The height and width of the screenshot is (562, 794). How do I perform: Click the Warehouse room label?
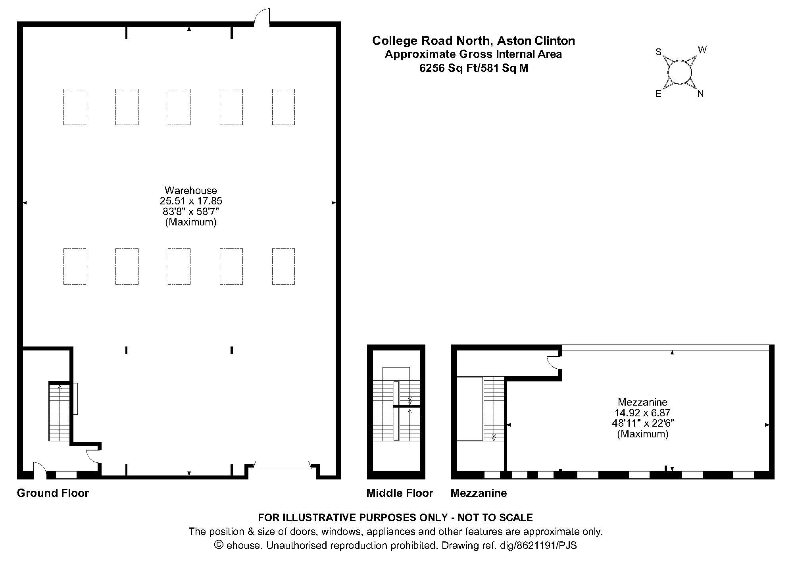coord(191,190)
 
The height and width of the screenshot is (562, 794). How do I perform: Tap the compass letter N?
coord(700,94)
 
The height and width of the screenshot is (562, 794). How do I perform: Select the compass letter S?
coord(658,52)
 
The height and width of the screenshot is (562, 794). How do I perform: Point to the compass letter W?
coord(702,50)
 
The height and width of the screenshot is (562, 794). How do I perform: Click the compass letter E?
coord(658,94)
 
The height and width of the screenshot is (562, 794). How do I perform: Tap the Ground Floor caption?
coord(53,493)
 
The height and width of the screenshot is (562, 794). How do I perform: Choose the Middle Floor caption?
coord(400,493)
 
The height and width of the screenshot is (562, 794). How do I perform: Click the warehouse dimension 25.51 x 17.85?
coord(191,201)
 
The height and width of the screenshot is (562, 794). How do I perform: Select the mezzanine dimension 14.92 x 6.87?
coord(643,413)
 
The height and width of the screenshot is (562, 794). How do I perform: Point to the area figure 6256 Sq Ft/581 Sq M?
coord(474,68)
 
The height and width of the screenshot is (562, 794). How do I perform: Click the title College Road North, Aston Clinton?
coord(473,40)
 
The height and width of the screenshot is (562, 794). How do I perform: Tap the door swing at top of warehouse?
coord(261,17)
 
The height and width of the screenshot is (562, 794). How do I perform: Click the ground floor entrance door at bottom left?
coord(39,470)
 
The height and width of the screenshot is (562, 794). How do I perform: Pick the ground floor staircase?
coord(60,412)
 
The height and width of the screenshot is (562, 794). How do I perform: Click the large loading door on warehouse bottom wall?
coord(282,465)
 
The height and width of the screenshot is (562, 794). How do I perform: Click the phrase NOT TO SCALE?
coord(495,518)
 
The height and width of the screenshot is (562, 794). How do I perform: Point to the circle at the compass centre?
coord(680,72)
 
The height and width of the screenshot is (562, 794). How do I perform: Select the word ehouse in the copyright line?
coord(244,545)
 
